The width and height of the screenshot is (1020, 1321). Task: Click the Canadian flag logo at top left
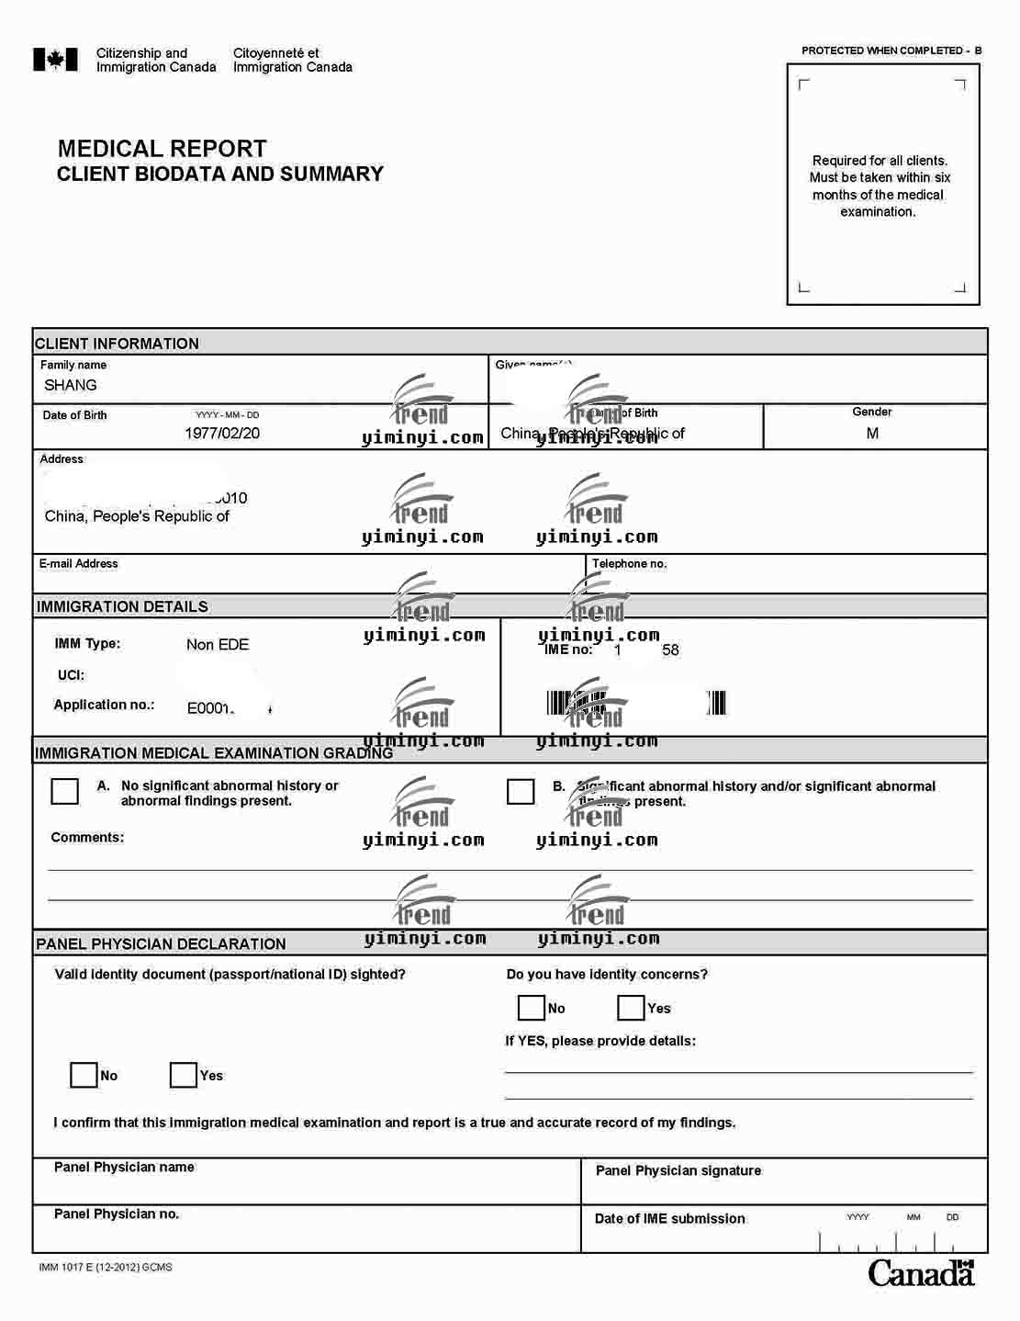pyautogui.click(x=55, y=60)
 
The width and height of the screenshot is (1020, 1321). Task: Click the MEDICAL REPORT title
pyautogui.click(x=162, y=149)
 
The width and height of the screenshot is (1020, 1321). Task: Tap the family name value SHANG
pyautogui.click(x=71, y=385)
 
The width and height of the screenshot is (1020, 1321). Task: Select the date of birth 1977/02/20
pyautogui.click(x=222, y=433)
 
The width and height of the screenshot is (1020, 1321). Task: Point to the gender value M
pyautogui.click(x=872, y=433)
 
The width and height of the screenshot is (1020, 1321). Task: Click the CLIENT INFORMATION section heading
pyautogui.click(x=117, y=344)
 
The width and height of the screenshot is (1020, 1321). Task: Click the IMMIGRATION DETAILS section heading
pyautogui.click(x=122, y=606)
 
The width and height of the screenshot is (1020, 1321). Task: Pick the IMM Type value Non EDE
pyautogui.click(x=218, y=645)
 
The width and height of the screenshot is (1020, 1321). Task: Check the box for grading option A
pyautogui.click(x=64, y=791)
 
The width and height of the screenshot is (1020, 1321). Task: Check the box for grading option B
pyautogui.click(x=521, y=791)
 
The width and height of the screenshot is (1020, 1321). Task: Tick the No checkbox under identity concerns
pyautogui.click(x=532, y=1008)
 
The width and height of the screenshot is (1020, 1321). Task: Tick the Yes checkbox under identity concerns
pyautogui.click(x=631, y=1008)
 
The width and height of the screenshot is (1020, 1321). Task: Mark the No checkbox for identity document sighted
pyautogui.click(x=84, y=1075)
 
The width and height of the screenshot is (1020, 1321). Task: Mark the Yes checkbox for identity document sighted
pyautogui.click(x=184, y=1075)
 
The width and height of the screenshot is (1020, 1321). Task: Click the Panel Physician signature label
pyautogui.click(x=678, y=1170)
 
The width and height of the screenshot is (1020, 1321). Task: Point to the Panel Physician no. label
pyautogui.click(x=117, y=1214)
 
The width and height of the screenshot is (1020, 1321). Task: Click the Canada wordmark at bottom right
pyautogui.click(x=921, y=1273)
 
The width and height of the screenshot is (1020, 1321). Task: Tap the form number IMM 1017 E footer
pyautogui.click(x=106, y=1267)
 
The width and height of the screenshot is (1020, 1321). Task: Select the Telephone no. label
pyautogui.click(x=629, y=563)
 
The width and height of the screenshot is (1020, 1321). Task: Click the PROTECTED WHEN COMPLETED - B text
pyautogui.click(x=891, y=51)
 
